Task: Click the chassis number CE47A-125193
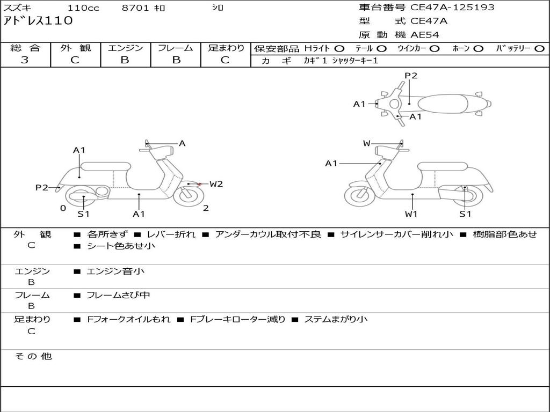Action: click(x=452, y=8)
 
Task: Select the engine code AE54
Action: click(x=425, y=35)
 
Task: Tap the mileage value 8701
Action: click(x=136, y=8)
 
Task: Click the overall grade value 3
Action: click(x=25, y=60)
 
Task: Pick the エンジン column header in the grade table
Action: click(x=125, y=48)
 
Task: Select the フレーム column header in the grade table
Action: click(x=175, y=48)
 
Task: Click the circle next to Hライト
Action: click(x=339, y=48)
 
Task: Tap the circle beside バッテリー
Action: click(x=539, y=48)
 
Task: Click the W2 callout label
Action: click(x=216, y=184)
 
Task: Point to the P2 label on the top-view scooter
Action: click(x=411, y=76)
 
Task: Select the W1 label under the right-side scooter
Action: click(x=411, y=214)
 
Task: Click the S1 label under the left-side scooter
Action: click(x=83, y=214)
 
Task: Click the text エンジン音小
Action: click(x=115, y=271)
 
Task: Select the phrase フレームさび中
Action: click(x=118, y=295)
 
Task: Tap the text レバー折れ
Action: click(x=171, y=234)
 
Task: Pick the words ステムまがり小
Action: click(x=336, y=319)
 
